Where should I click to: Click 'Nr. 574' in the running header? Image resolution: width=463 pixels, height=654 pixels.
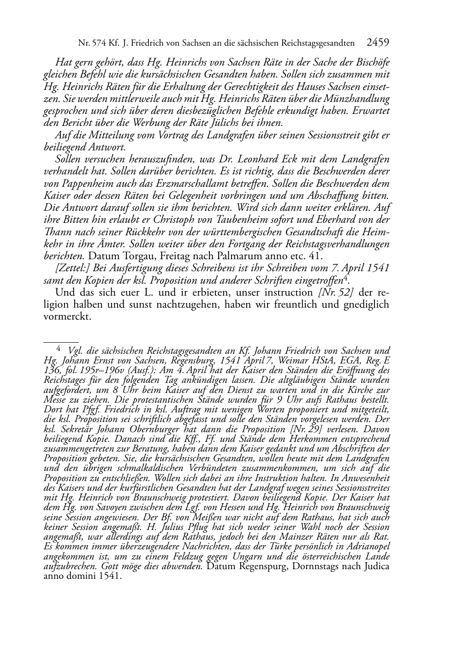(90, 43)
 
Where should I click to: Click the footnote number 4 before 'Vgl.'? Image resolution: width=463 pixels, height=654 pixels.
(59, 349)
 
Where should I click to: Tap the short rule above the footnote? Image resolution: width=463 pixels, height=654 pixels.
(55, 343)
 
